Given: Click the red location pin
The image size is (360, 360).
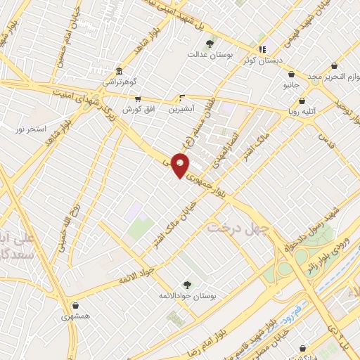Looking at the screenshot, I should pyautogui.click(x=181, y=166).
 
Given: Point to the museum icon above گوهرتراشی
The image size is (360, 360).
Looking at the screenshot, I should pyautogui.click(x=118, y=72).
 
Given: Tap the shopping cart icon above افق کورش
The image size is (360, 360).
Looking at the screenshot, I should pyautogui.click(x=137, y=99).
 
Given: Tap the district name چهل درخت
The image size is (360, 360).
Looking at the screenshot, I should pyautogui.click(x=239, y=229).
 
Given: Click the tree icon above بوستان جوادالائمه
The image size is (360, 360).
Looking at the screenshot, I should pyautogui.click(x=187, y=284).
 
